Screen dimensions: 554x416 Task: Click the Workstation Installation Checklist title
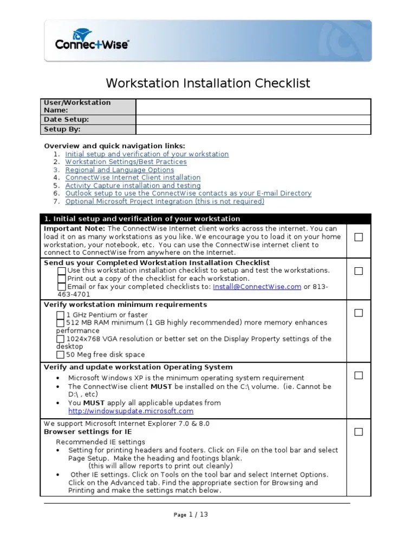click(x=208, y=83)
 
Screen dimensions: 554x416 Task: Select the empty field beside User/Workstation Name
click(x=253, y=107)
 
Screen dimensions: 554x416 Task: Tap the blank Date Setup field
click(x=253, y=120)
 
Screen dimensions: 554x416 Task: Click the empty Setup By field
click(x=253, y=129)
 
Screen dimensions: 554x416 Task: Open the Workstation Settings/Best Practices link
click(x=126, y=162)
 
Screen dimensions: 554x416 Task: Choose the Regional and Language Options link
click(x=119, y=170)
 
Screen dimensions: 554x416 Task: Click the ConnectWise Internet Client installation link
click(x=133, y=177)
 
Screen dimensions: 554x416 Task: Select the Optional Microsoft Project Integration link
click(x=165, y=201)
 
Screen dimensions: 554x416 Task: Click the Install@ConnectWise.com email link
click(x=257, y=287)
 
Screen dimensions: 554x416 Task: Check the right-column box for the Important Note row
click(x=359, y=237)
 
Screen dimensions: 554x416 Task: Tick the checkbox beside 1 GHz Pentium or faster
click(x=61, y=315)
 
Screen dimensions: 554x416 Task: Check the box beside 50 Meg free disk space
click(x=61, y=355)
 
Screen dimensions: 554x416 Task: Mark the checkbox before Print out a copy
click(x=62, y=279)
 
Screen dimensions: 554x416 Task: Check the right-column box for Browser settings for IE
click(x=359, y=432)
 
